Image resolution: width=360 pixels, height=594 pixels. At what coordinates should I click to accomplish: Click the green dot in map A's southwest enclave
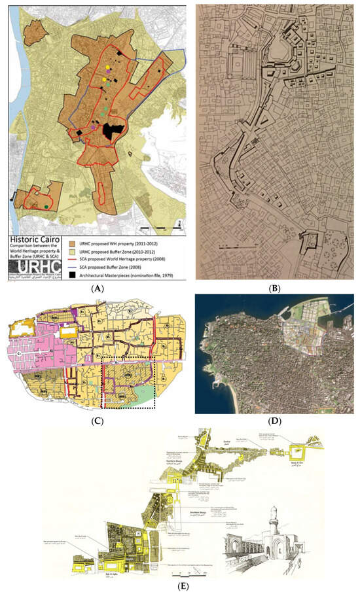pos(46,207)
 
